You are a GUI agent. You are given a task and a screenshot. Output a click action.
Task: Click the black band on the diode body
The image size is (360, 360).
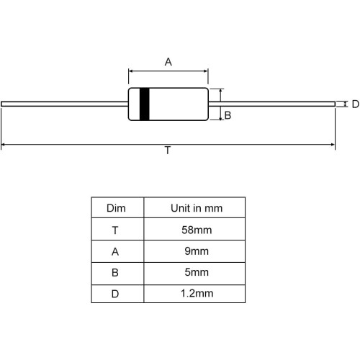click(x=145, y=104)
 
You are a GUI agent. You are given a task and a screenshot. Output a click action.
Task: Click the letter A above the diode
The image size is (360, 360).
click(x=168, y=62)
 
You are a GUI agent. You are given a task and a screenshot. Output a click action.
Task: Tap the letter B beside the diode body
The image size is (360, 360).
click(x=228, y=115)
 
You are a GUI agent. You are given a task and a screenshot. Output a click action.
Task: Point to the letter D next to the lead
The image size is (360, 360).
click(x=356, y=104)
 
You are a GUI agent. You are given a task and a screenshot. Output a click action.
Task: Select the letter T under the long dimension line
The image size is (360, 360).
click(x=168, y=150)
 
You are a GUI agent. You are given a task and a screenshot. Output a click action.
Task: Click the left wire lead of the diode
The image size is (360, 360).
click(x=65, y=104)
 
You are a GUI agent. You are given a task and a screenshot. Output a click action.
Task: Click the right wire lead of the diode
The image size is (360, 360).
click(x=271, y=104)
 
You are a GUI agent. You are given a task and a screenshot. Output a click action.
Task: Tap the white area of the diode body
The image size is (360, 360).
click(x=179, y=104)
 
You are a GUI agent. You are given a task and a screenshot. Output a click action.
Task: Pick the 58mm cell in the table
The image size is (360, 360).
click(x=197, y=230)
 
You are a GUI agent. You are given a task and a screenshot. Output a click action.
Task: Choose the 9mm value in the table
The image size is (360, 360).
click(x=197, y=251)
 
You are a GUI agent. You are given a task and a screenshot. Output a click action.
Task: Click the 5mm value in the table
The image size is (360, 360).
click(x=197, y=272)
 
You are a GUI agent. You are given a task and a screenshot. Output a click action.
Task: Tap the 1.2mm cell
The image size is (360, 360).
click(x=197, y=294)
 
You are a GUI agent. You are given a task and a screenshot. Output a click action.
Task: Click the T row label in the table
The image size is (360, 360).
click(x=115, y=230)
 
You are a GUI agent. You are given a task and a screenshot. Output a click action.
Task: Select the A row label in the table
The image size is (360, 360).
click(x=115, y=252)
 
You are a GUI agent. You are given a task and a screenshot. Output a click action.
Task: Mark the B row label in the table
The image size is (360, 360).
click(x=115, y=273)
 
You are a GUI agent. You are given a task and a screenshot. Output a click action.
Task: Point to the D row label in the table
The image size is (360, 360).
click(x=115, y=294)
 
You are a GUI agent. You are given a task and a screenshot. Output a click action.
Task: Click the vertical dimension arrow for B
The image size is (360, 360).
click(x=220, y=104)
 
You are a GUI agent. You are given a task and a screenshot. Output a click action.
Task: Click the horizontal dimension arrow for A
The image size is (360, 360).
click(x=168, y=71)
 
